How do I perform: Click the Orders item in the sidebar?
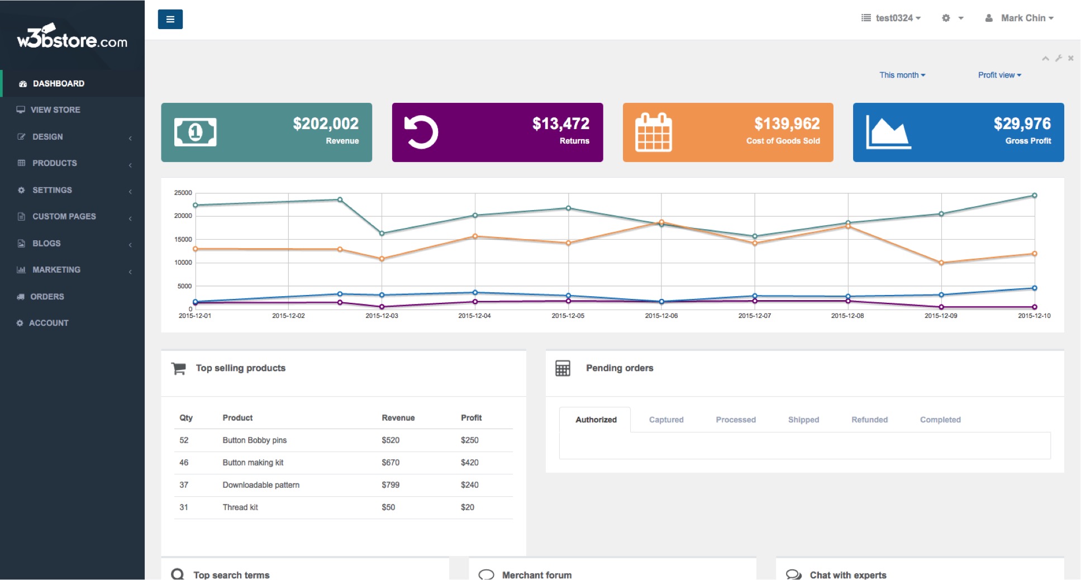point(47,297)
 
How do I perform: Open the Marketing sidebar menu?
point(56,270)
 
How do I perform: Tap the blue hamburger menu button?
point(170,20)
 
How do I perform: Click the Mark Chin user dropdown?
point(1020,18)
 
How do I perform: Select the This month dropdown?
point(902,75)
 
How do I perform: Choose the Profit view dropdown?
point(999,75)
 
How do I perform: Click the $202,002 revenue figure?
point(326,123)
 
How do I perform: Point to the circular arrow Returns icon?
point(421,132)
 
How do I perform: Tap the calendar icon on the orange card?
point(654,132)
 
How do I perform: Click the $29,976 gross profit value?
point(1022,123)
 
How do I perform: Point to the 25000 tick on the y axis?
point(183,193)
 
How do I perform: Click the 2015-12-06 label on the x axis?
point(661,316)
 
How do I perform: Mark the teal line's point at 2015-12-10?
point(1035,196)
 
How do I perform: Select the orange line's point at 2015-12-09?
point(941,263)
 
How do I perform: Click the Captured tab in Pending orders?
point(666,420)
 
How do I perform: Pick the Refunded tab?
point(869,420)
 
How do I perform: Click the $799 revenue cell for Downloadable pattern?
point(391,485)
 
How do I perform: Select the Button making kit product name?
point(253,463)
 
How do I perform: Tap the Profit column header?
point(471,418)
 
